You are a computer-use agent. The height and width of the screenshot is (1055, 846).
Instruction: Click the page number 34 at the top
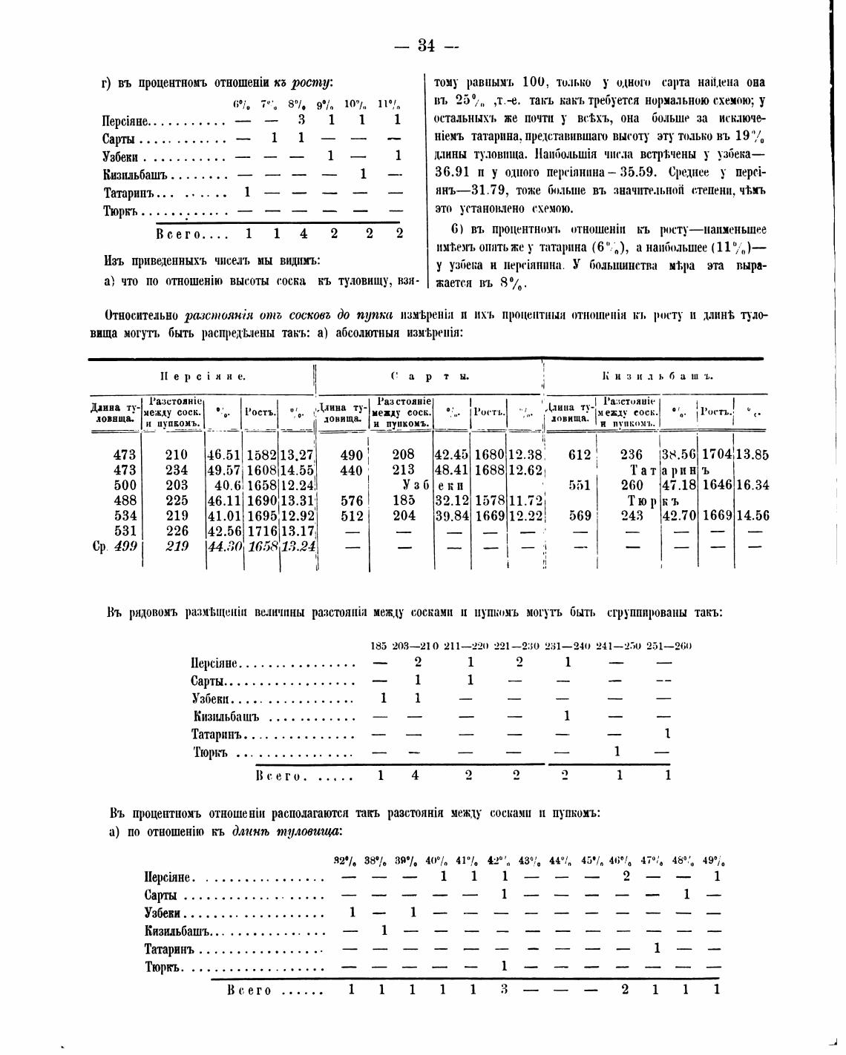click(x=426, y=46)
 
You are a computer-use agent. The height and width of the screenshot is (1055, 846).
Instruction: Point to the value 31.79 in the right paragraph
click(x=487, y=189)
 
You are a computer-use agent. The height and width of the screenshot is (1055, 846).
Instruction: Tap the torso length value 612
click(x=579, y=454)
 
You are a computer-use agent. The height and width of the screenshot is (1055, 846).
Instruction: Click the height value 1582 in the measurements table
click(x=261, y=454)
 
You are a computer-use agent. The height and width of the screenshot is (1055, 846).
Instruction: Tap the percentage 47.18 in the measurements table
click(x=679, y=485)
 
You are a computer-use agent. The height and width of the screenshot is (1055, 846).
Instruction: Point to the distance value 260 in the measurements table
click(x=632, y=485)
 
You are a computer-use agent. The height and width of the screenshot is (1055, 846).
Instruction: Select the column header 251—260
click(x=669, y=646)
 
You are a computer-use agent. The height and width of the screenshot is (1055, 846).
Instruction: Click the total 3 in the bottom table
click(x=505, y=989)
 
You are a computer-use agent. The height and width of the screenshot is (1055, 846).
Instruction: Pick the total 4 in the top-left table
click(x=303, y=233)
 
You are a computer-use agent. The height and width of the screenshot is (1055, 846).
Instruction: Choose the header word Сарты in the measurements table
click(x=430, y=376)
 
